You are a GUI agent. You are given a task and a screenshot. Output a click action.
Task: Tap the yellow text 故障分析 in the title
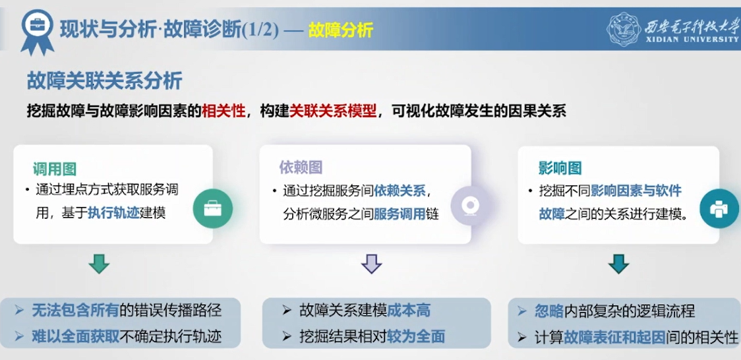pos(341,30)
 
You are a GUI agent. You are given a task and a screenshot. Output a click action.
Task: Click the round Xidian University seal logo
pos(624,29)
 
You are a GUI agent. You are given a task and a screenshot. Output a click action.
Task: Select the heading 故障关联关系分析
pos(104,81)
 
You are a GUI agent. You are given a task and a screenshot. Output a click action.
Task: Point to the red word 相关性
pos(223,111)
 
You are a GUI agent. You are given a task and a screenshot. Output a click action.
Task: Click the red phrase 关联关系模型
pos(333,111)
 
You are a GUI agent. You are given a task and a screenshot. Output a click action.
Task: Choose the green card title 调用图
pos(54,169)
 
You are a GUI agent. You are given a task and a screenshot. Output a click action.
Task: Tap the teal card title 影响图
pos(560,167)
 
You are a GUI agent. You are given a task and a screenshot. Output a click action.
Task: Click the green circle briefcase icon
pos(213,209)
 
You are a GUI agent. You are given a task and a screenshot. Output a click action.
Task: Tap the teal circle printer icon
pos(719,208)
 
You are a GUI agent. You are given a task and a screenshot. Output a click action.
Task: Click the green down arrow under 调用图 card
pos(100,264)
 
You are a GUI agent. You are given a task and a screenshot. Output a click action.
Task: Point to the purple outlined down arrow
pos(371,264)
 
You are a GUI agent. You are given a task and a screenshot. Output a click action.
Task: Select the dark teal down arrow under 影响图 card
pos(618,264)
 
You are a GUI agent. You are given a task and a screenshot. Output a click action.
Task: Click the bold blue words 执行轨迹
pos(114,213)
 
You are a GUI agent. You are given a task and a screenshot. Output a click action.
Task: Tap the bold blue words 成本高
pos(409,311)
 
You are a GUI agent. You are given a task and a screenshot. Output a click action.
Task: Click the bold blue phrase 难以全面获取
pos(76,336)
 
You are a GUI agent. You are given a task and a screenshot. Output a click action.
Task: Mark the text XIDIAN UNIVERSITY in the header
pos(692,39)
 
